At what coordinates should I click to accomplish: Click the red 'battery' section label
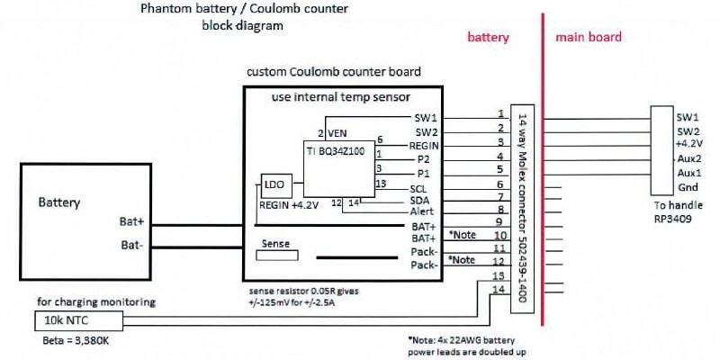489,38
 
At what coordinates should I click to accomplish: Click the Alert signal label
424,211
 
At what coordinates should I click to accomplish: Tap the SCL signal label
418,188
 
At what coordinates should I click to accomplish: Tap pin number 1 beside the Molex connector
500,113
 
